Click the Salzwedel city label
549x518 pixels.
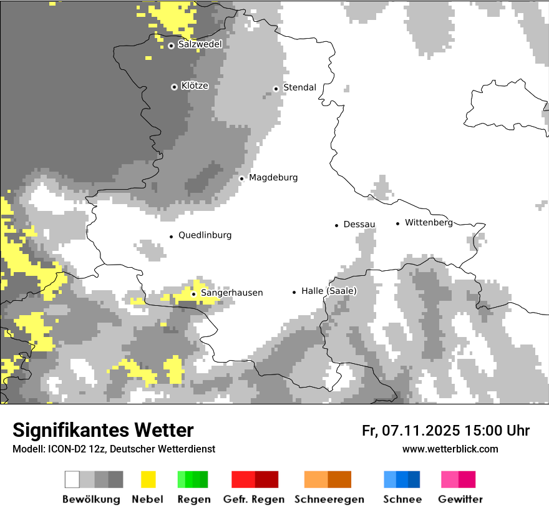(200, 44)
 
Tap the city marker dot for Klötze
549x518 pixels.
(174, 87)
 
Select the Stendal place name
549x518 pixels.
(299, 87)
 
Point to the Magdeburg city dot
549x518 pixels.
(241, 178)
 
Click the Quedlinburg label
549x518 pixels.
(205, 235)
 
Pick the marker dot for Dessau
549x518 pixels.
(336, 225)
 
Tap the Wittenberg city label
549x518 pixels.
(429, 222)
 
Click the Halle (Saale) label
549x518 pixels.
(329, 291)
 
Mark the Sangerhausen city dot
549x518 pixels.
(193, 294)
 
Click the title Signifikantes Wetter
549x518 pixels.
(103, 431)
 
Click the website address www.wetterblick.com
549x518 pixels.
(450, 449)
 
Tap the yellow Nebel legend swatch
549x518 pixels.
(148, 479)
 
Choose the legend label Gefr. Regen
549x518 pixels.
(254, 499)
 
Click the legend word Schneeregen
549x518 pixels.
(329, 499)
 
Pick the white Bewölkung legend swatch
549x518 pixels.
(72, 479)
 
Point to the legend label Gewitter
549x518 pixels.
(460, 499)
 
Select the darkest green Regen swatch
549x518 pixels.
(203, 479)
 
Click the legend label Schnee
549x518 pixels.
(402, 499)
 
